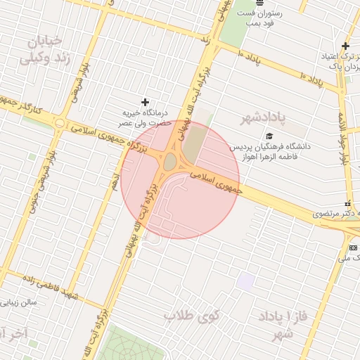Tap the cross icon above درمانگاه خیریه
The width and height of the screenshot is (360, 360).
(x=146, y=103)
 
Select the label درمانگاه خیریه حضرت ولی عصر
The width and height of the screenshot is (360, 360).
(x=144, y=118)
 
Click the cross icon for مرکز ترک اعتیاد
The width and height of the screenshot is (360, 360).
(x=345, y=46)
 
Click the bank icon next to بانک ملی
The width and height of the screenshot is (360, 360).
(x=353, y=247)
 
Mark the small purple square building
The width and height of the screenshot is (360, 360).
(x=245, y=281)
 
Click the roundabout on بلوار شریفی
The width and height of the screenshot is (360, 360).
(x=60, y=125)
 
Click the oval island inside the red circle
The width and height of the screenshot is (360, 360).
(x=170, y=162)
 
